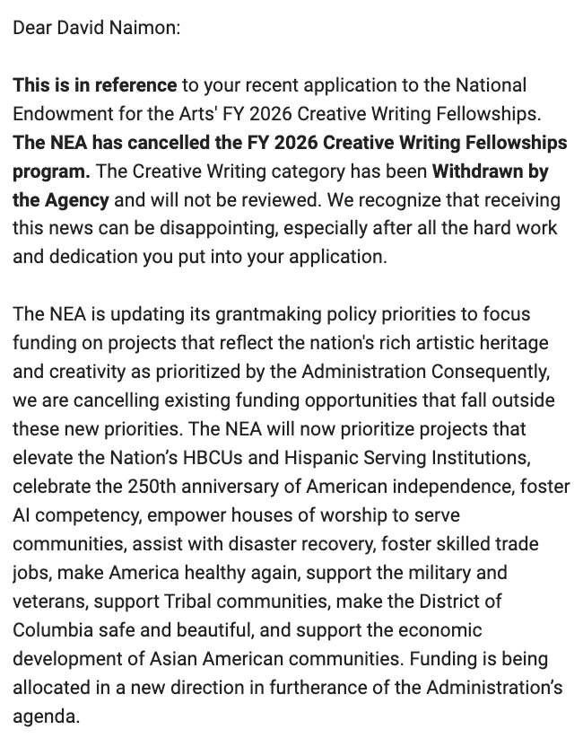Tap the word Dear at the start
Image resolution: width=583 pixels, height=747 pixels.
pyautogui.click(x=31, y=28)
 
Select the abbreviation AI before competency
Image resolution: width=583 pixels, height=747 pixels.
pyautogui.click(x=22, y=515)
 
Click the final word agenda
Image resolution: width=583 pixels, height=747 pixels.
pyautogui.click(x=44, y=716)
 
